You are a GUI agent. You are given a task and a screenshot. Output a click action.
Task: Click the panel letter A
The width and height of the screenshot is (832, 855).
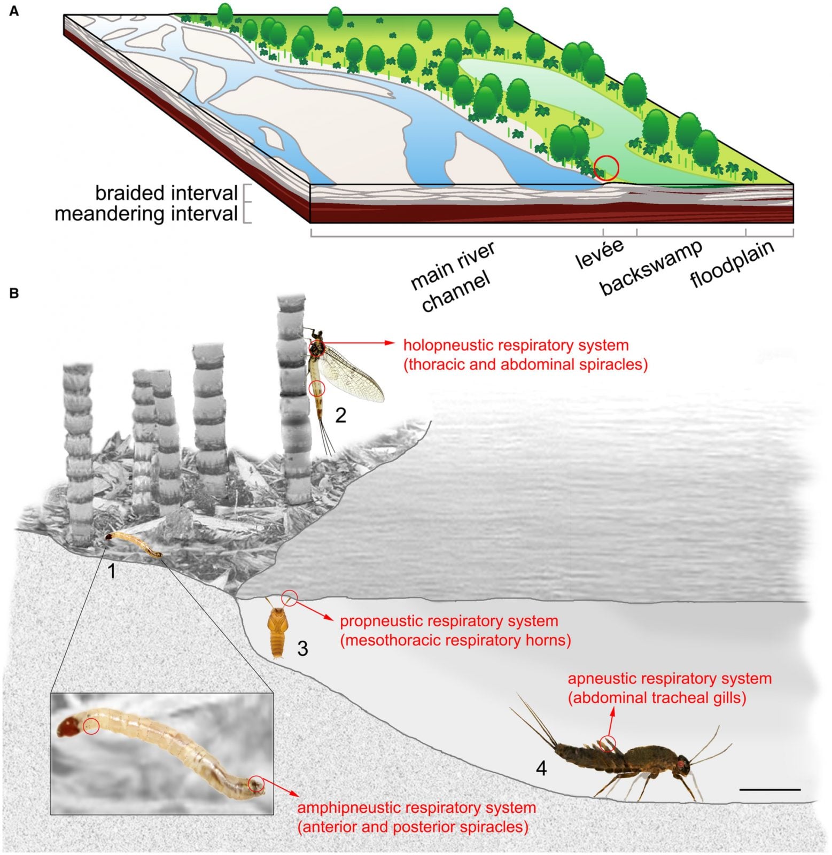pyautogui.click(x=14, y=11)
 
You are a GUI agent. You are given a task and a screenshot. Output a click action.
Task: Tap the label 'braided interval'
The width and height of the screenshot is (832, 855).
pyautogui.click(x=166, y=193)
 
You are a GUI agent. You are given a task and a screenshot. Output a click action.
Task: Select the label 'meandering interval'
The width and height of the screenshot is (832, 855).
pyautogui.click(x=146, y=214)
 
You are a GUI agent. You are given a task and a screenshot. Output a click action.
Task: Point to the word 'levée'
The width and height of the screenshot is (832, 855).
pyautogui.click(x=600, y=254)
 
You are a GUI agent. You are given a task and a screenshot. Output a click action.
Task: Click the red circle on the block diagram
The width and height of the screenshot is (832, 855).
pyautogui.click(x=606, y=168)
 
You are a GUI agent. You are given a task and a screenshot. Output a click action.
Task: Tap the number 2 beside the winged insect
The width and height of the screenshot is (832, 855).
pyautogui.click(x=341, y=415)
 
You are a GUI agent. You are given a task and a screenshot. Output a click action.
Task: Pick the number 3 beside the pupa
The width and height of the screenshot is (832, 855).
pyautogui.click(x=302, y=648)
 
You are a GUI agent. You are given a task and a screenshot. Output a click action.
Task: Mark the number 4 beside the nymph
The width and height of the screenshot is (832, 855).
pyautogui.click(x=541, y=769)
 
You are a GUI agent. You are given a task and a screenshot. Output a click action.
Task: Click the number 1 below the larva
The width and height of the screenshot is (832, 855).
pyautogui.click(x=111, y=571)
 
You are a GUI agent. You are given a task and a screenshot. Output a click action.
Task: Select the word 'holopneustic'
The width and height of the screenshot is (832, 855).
pyautogui.click(x=453, y=345)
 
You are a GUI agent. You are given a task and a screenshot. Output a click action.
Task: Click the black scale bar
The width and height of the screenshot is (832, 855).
pyautogui.click(x=771, y=789)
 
